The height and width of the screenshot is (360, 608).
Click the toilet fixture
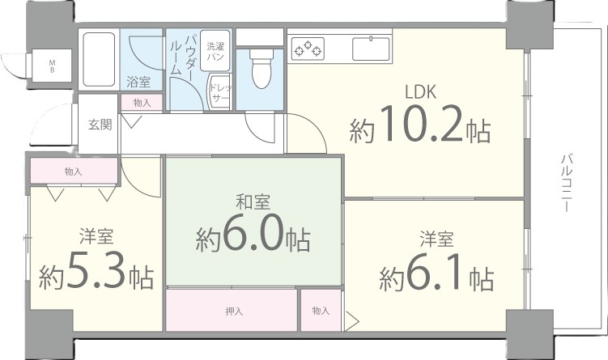tap(261, 69)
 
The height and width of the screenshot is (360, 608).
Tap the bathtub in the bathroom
tap(99, 59)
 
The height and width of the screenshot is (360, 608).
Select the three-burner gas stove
tap(308, 49)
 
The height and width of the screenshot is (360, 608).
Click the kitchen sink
tap(371, 49)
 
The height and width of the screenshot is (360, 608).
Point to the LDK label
tap(421, 92)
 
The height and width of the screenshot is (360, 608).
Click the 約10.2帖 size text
tap(420, 125)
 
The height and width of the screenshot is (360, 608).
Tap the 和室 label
tap(253, 202)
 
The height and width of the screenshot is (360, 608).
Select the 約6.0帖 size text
tap(253, 234)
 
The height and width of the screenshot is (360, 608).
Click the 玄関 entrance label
tap(100, 125)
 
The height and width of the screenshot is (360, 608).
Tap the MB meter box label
tap(52, 66)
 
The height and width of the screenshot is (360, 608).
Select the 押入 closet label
tap(234, 311)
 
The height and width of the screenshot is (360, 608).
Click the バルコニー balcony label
tap(568, 183)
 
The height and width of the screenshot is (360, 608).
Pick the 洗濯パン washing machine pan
tap(215, 51)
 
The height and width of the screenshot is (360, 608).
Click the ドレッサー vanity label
tap(221, 93)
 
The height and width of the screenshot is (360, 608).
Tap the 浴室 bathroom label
tap(138, 83)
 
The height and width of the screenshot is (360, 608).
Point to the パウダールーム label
tap(182, 54)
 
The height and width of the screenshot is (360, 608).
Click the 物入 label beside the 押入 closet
tap(321, 311)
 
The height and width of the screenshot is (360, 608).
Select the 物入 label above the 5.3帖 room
tap(74, 172)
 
